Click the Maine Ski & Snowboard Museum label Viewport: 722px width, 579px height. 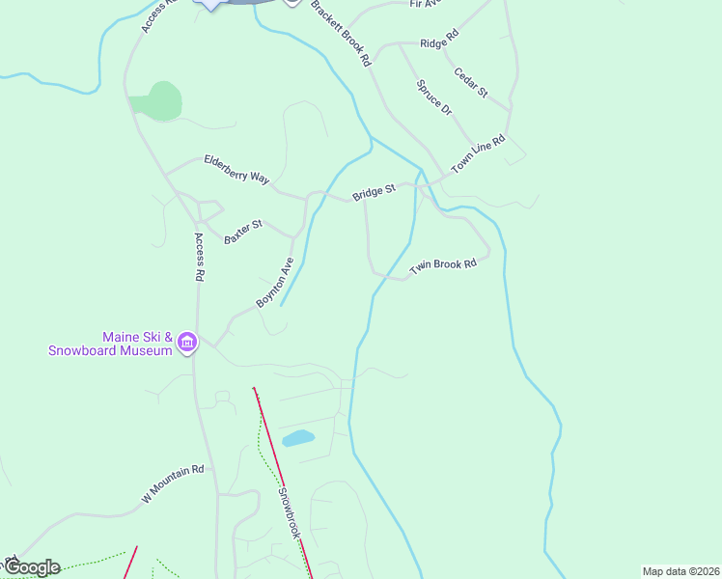[x=110, y=344]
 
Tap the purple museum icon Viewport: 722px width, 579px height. [x=187, y=343]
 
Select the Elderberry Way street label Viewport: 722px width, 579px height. [x=236, y=169]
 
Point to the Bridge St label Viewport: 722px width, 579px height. [x=375, y=192]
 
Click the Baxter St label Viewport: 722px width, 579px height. [x=243, y=232]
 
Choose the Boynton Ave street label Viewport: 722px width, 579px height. [x=274, y=283]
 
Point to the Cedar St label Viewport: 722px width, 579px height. [x=470, y=81]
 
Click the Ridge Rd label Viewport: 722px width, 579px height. [x=439, y=43]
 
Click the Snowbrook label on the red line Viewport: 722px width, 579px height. [x=291, y=514]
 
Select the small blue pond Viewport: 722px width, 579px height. [x=298, y=439]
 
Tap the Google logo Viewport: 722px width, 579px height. [x=31, y=567]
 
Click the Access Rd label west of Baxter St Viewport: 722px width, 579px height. [x=200, y=257]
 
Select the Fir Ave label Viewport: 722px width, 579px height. [x=425, y=4]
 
